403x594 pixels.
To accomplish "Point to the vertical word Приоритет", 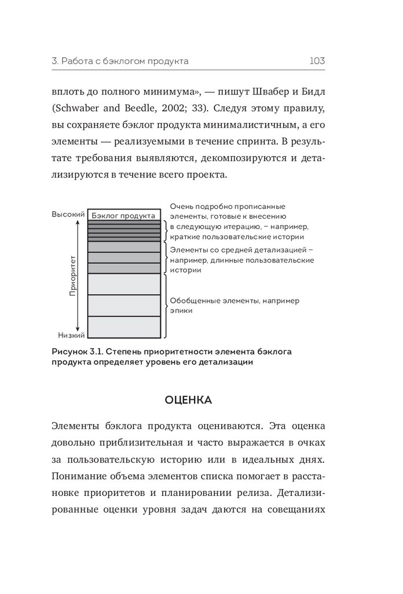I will tap(73, 274).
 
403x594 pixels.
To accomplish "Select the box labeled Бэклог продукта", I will tap(123, 215).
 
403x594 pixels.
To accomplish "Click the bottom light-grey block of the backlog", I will tap(123, 326).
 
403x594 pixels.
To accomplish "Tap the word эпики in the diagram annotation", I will tap(182, 310).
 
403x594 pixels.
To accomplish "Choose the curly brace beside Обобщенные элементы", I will tap(166, 306).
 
